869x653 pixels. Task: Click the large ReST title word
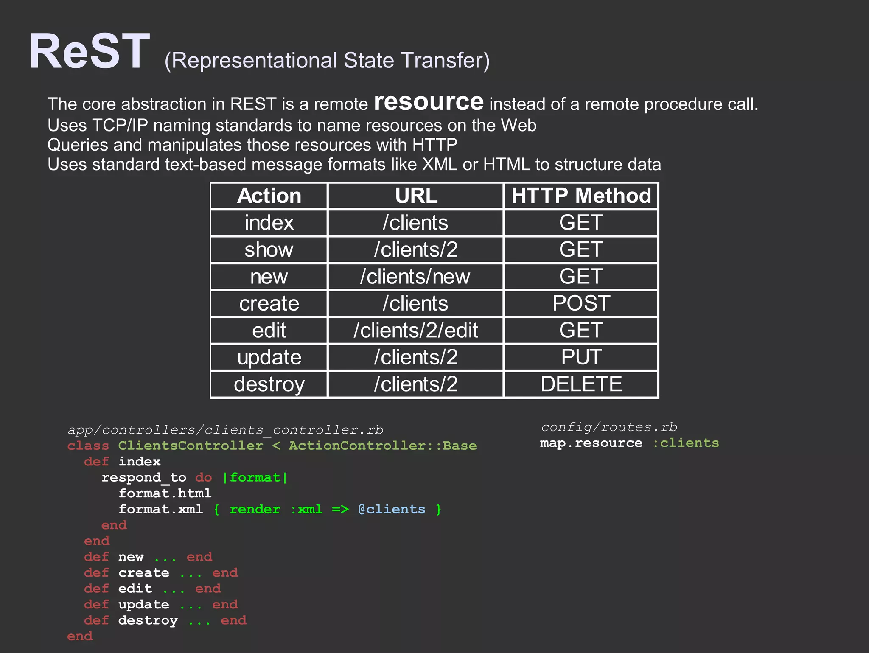(89, 52)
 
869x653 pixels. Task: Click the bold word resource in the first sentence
(429, 102)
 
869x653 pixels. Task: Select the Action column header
(269, 196)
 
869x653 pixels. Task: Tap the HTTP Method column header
(581, 196)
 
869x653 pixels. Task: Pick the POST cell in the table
(581, 303)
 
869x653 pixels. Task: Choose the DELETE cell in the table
(581, 384)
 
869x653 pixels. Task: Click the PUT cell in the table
(581, 357)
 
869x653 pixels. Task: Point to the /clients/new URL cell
(415, 277)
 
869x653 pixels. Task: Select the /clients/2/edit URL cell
(415, 331)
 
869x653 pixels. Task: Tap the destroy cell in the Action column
(269, 384)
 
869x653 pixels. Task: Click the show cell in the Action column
(269, 249)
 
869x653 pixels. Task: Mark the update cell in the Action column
(269, 357)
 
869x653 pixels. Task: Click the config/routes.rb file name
(609, 427)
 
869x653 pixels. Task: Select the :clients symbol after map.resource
(685, 443)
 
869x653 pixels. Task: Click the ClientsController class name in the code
(191, 446)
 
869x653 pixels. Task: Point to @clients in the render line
(391, 509)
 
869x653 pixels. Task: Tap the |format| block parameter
(255, 478)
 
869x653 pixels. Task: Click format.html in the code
(165, 493)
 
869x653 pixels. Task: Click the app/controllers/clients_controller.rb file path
(225, 430)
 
